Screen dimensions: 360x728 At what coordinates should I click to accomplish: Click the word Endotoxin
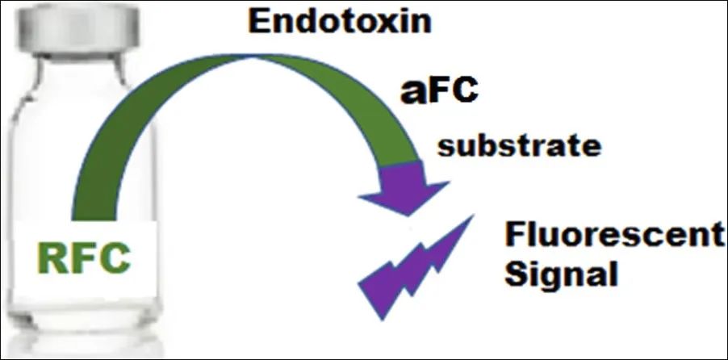coord(339,22)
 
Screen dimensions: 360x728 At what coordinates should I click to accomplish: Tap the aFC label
coord(439,91)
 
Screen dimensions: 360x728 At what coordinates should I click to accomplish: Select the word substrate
coord(519,146)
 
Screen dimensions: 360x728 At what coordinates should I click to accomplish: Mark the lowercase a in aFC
coord(412,94)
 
